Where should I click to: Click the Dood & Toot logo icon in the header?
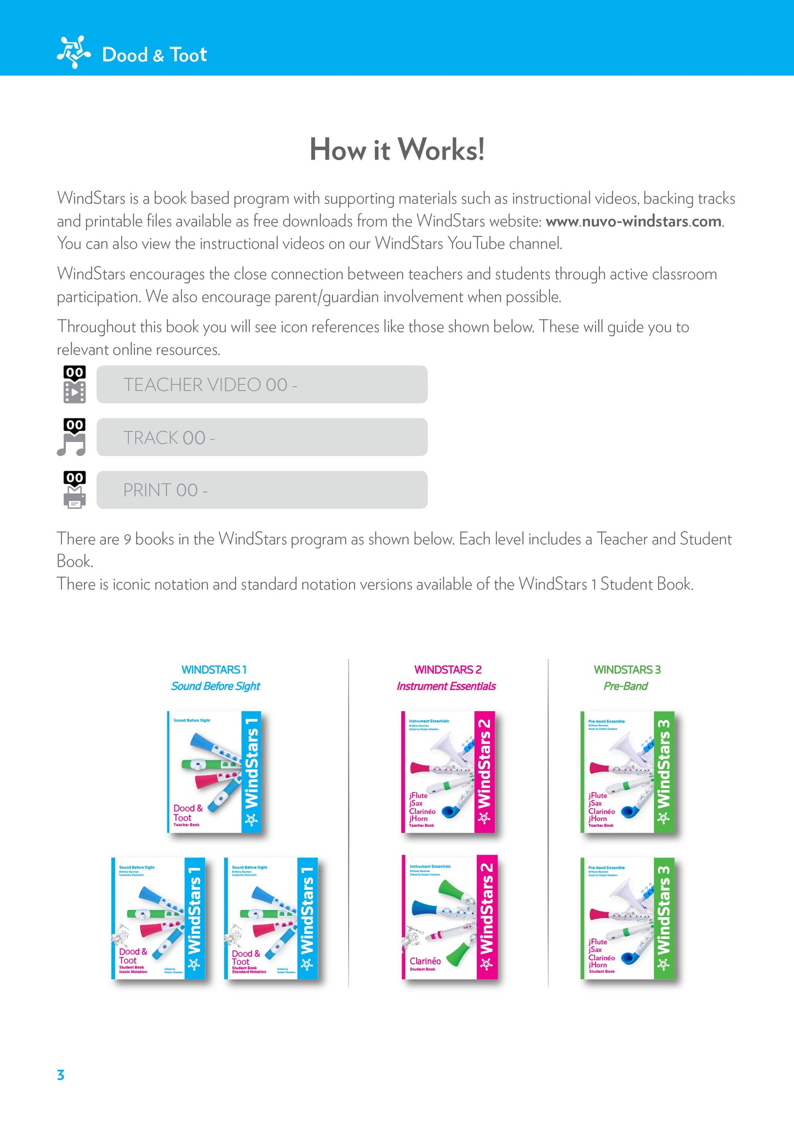[x=73, y=52]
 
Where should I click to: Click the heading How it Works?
[x=397, y=149]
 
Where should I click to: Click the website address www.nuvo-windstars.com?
[x=633, y=222]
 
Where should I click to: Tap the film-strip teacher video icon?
[x=75, y=392]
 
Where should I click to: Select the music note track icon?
[x=72, y=444]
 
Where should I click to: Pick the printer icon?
[x=75, y=497]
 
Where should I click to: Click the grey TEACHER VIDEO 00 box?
[x=262, y=384]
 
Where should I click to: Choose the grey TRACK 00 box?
[x=262, y=437]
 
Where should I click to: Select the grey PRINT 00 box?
[x=262, y=490]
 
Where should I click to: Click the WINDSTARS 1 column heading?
[x=214, y=670]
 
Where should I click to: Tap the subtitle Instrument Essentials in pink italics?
[x=446, y=686]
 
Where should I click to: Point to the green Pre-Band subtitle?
[x=625, y=686]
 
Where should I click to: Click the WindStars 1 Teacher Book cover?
[x=214, y=772]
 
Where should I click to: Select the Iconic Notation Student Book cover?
[x=158, y=918]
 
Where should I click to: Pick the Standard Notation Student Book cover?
[x=271, y=918]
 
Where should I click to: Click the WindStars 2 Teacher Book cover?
[x=448, y=772]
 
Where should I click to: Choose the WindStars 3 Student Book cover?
[x=627, y=918]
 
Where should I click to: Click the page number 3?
[x=61, y=1075]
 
